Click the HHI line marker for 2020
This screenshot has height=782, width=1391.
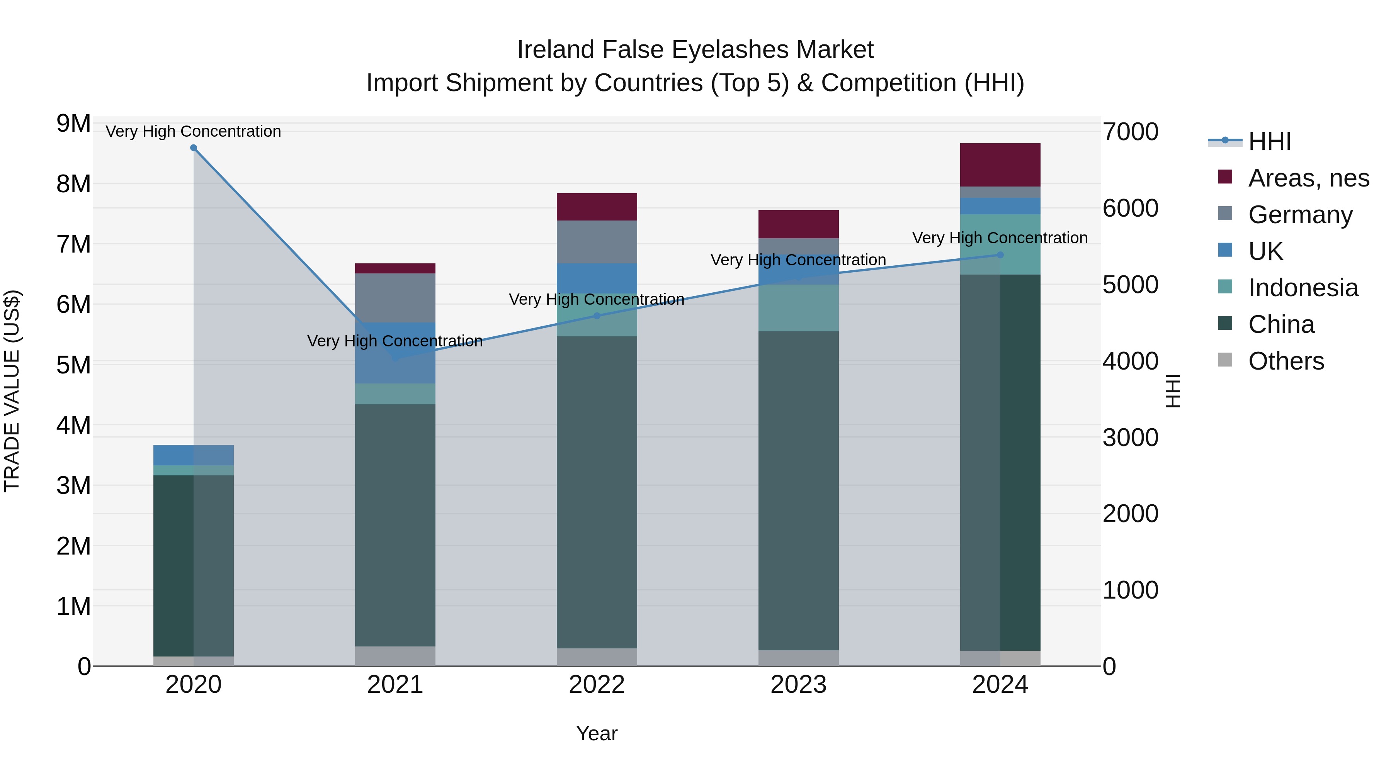[193, 148]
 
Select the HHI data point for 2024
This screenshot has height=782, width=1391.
[1000, 255]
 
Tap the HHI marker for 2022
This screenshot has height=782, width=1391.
[597, 316]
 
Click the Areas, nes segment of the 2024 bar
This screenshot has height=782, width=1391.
[1000, 165]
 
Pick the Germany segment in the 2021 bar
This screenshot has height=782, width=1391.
[395, 297]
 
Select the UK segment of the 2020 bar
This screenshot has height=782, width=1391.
[193, 455]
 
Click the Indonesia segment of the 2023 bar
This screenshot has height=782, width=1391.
[799, 308]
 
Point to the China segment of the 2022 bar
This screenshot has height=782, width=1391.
[597, 492]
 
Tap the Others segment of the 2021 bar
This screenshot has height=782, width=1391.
[395, 656]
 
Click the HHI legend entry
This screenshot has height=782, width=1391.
[1269, 141]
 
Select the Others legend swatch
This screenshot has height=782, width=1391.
[1225, 360]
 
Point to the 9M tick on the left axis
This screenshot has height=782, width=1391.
[73, 124]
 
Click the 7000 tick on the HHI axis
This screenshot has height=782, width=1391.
[1130, 132]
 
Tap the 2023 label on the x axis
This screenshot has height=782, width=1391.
[799, 685]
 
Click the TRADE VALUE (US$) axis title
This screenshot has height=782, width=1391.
[12, 391]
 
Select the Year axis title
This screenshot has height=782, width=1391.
[597, 733]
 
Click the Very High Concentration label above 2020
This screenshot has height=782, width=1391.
[193, 131]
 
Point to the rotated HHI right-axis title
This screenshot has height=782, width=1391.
[1173, 391]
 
